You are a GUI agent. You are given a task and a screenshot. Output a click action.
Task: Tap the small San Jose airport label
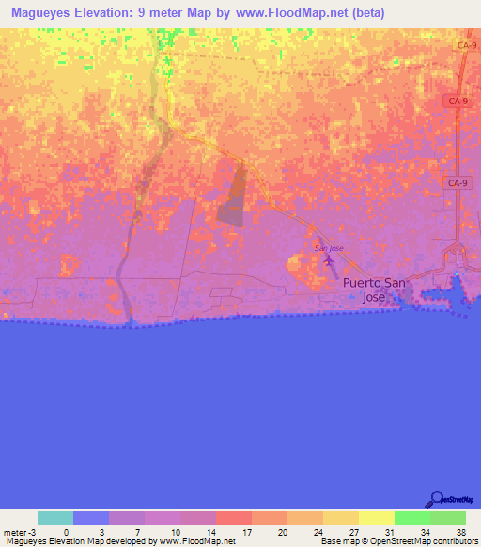[328, 248]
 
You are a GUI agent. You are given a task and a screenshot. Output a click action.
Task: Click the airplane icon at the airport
[329, 260]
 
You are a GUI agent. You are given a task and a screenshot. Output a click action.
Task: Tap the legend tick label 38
[459, 531]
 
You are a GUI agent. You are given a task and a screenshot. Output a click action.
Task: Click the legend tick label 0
[66, 531]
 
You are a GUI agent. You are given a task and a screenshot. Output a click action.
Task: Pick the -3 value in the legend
[31, 531]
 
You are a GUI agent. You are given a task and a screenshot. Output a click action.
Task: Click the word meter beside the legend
[14, 531]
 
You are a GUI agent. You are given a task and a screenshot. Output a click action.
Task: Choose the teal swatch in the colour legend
[54, 518]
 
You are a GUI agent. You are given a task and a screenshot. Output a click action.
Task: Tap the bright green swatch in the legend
[411, 518]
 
